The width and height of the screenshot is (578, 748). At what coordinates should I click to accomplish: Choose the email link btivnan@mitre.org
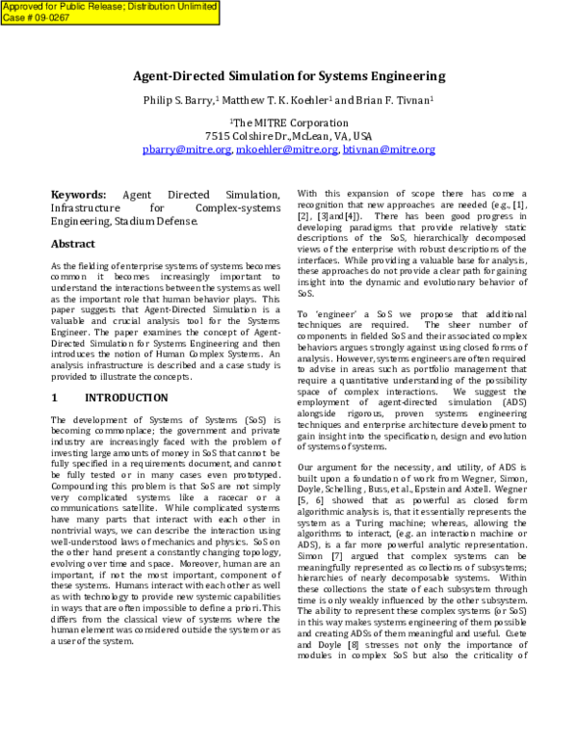(x=388, y=149)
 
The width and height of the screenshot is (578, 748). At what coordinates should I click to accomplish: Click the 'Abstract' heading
(x=73, y=244)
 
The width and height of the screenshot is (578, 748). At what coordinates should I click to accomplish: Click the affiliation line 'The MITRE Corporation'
(x=289, y=123)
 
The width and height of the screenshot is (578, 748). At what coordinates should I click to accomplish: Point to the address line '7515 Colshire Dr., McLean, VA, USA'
(x=289, y=136)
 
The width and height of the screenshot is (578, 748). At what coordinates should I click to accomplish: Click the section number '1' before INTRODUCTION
(x=55, y=397)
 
